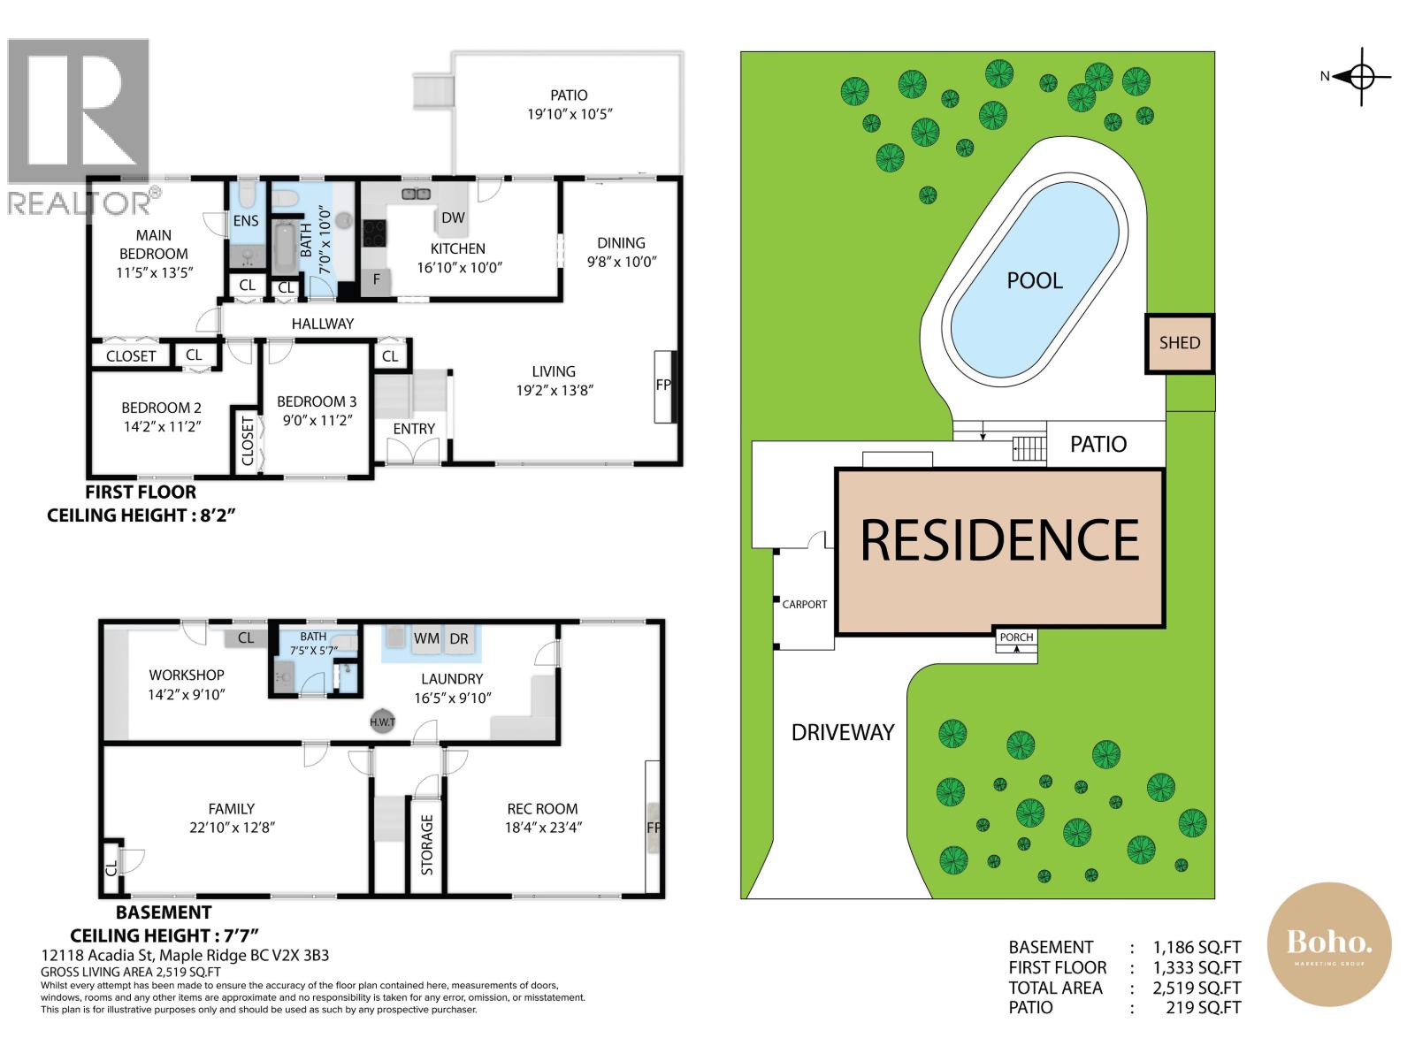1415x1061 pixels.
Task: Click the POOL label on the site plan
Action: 1034,280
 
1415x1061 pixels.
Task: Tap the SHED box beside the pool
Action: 1179,343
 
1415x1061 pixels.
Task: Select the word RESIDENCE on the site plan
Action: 999,540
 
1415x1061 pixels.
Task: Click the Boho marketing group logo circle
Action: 1328,944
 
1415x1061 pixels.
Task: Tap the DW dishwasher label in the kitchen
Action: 453,218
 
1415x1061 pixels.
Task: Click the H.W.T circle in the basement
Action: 382,722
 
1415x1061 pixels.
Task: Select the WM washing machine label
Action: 426,638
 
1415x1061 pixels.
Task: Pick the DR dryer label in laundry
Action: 459,638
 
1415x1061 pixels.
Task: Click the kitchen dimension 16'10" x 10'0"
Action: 459,267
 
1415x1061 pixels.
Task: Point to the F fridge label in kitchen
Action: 377,279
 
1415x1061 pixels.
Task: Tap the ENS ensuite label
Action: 246,221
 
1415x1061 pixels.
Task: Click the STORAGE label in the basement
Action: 427,844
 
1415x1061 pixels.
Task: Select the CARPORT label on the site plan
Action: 804,604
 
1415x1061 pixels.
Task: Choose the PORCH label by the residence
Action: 1016,637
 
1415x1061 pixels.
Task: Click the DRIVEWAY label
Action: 843,732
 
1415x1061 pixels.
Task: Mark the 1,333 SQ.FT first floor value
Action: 1197,967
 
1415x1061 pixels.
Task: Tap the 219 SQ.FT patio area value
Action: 1203,1008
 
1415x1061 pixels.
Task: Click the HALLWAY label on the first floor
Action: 322,324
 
